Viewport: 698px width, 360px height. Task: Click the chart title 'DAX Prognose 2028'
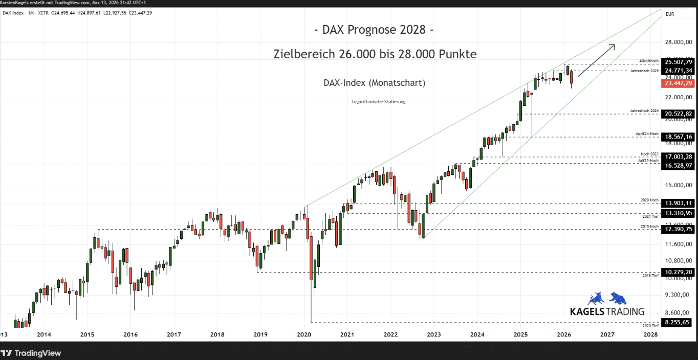[374, 30]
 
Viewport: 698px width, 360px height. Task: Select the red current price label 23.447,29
[678, 83]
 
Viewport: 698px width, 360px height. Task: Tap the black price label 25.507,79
[678, 62]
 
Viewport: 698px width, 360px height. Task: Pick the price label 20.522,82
[678, 114]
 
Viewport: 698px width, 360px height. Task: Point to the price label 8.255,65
[678, 322]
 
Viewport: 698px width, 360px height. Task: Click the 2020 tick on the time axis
[304, 335]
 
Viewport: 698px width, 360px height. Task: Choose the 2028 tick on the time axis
[650, 335]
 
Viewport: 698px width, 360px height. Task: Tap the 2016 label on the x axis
[130, 335]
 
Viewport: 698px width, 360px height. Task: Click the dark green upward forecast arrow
[597, 60]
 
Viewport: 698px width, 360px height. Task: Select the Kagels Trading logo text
[607, 311]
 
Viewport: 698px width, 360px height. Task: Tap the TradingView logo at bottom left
[31, 353]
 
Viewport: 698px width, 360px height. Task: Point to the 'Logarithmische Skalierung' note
[379, 102]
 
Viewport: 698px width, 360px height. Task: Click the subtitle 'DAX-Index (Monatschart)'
[374, 83]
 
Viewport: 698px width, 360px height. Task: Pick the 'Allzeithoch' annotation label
[649, 60]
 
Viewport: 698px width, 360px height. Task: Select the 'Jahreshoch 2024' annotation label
[644, 110]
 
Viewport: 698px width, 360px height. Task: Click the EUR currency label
[670, 14]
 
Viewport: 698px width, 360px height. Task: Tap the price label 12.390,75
[678, 230]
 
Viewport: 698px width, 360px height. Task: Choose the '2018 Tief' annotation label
[650, 276]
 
